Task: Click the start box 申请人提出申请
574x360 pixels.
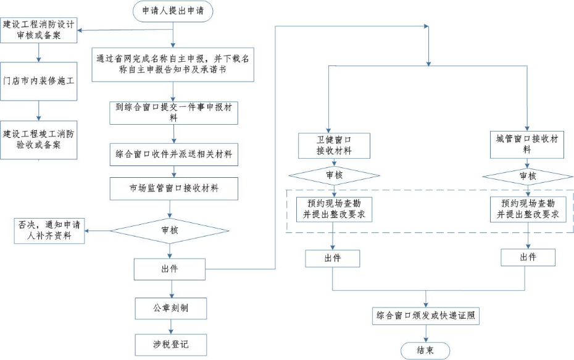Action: [173, 10]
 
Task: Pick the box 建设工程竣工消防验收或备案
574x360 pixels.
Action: [39, 140]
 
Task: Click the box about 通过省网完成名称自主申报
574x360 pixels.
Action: [173, 64]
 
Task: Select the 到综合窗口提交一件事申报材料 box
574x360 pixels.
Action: [173, 111]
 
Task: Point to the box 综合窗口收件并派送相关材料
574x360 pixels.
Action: [173, 154]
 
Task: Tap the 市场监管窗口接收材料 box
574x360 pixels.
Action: [173, 188]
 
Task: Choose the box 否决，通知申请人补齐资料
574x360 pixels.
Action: [49, 230]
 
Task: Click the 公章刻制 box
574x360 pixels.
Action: [170, 307]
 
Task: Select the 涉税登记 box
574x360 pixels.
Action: [170, 344]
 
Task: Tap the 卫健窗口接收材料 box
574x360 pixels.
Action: [333, 145]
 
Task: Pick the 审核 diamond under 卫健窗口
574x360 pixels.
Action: [333, 175]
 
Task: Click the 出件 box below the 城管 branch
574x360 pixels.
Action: [528, 257]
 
